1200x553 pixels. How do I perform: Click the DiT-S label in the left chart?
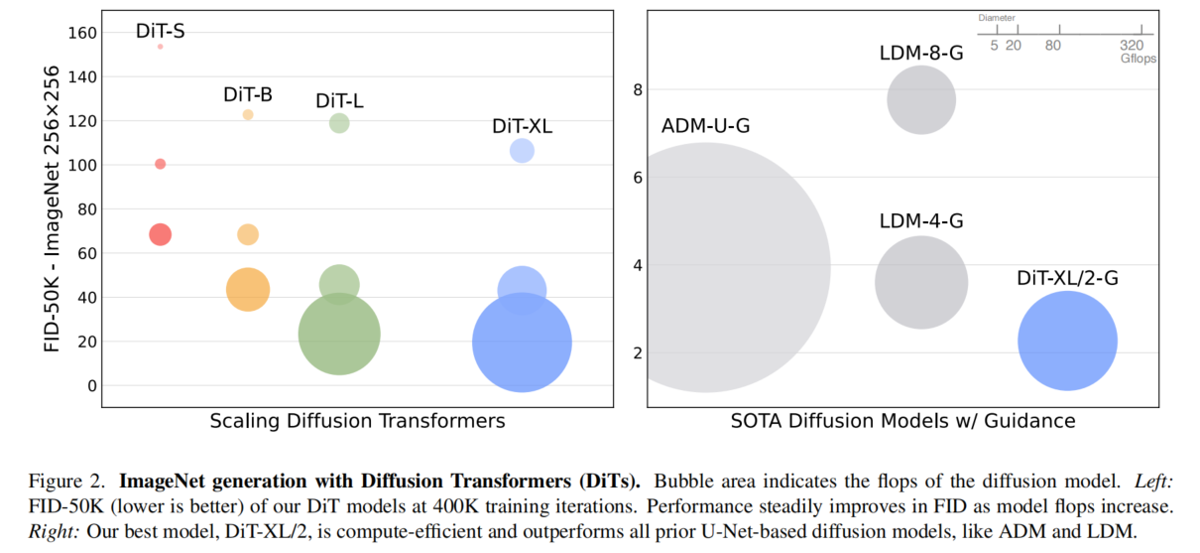[x=160, y=31]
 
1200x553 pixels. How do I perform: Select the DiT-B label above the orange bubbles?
[x=247, y=95]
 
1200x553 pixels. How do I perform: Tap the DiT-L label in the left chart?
[x=339, y=101]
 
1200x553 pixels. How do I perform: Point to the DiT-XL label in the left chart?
[x=522, y=127]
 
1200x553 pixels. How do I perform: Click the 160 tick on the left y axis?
[x=83, y=33]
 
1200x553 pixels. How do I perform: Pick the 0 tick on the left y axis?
[x=92, y=385]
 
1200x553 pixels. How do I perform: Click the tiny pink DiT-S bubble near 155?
[x=160, y=47]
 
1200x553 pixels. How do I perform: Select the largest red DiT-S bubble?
[x=160, y=234]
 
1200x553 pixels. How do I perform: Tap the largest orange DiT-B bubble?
[x=248, y=289]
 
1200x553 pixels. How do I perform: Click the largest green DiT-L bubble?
[x=339, y=334]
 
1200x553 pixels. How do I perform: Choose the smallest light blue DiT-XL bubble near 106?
[x=522, y=151]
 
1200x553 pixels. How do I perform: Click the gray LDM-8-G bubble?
[x=921, y=99]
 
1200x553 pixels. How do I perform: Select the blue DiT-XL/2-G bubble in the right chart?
[x=1067, y=341]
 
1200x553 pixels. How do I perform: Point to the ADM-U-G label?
[x=705, y=127]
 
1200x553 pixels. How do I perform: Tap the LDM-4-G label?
[x=921, y=221]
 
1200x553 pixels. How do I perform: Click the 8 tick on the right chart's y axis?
[x=637, y=90]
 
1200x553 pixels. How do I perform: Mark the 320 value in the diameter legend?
[x=1132, y=46]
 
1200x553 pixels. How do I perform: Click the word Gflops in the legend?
[x=1138, y=59]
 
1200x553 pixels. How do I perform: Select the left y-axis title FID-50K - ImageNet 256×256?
[x=52, y=208]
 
